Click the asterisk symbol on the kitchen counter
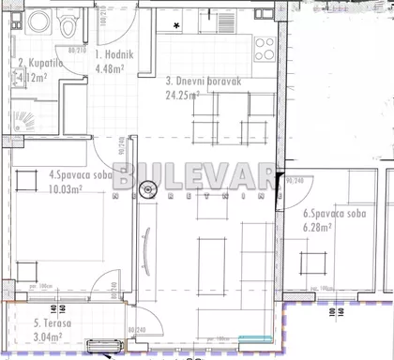pos(175,25)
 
